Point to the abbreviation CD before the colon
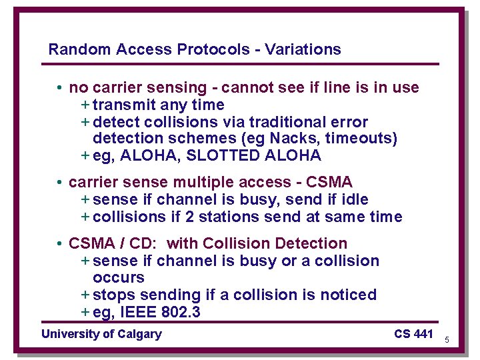tap(142, 244)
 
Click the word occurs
tap(119, 277)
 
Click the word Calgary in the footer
tap(139, 334)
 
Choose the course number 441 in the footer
tap(423, 334)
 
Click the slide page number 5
tap(447, 340)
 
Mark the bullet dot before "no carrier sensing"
tap(59, 88)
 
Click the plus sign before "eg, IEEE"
tap(85, 311)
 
